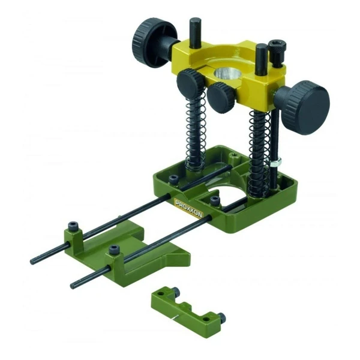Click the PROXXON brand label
189,208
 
